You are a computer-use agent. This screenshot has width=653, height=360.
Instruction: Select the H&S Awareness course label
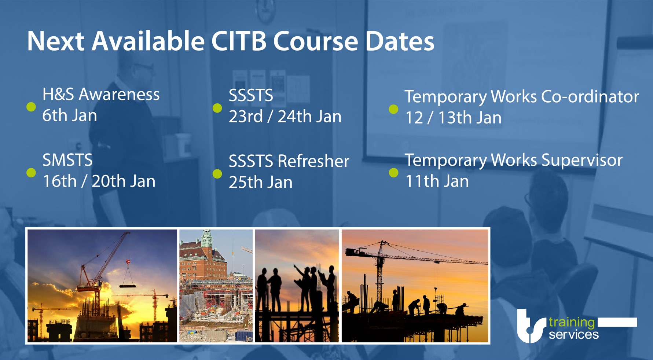(x=101, y=94)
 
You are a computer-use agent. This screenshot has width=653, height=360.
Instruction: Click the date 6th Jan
(x=70, y=115)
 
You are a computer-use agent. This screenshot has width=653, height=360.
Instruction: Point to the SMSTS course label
(x=67, y=160)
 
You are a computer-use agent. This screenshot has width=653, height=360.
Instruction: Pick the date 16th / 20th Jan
(x=99, y=181)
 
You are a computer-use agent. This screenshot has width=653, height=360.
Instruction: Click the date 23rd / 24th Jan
(x=285, y=116)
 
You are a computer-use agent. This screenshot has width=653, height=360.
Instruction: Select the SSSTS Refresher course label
(x=289, y=161)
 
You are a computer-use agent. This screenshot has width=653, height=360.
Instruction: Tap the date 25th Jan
(x=261, y=182)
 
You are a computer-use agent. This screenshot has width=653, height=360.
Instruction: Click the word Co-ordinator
(x=590, y=96)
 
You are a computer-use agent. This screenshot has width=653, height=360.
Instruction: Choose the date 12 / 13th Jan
(x=453, y=118)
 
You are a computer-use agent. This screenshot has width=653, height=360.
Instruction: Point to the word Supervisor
(x=582, y=160)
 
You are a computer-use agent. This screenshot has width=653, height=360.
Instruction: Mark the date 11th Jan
(x=437, y=181)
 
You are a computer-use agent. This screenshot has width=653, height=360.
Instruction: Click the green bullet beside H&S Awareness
(x=31, y=107)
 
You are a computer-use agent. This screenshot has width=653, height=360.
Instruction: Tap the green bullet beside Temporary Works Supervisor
(x=393, y=173)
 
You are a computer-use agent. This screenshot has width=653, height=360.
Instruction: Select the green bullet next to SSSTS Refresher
(x=217, y=174)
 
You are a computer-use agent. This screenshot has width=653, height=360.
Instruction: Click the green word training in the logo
(x=572, y=323)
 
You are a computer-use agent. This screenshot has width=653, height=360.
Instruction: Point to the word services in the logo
(x=573, y=334)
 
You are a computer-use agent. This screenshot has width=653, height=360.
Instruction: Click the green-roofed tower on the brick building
(x=207, y=240)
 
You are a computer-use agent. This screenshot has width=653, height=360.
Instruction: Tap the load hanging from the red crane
(x=127, y=285)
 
